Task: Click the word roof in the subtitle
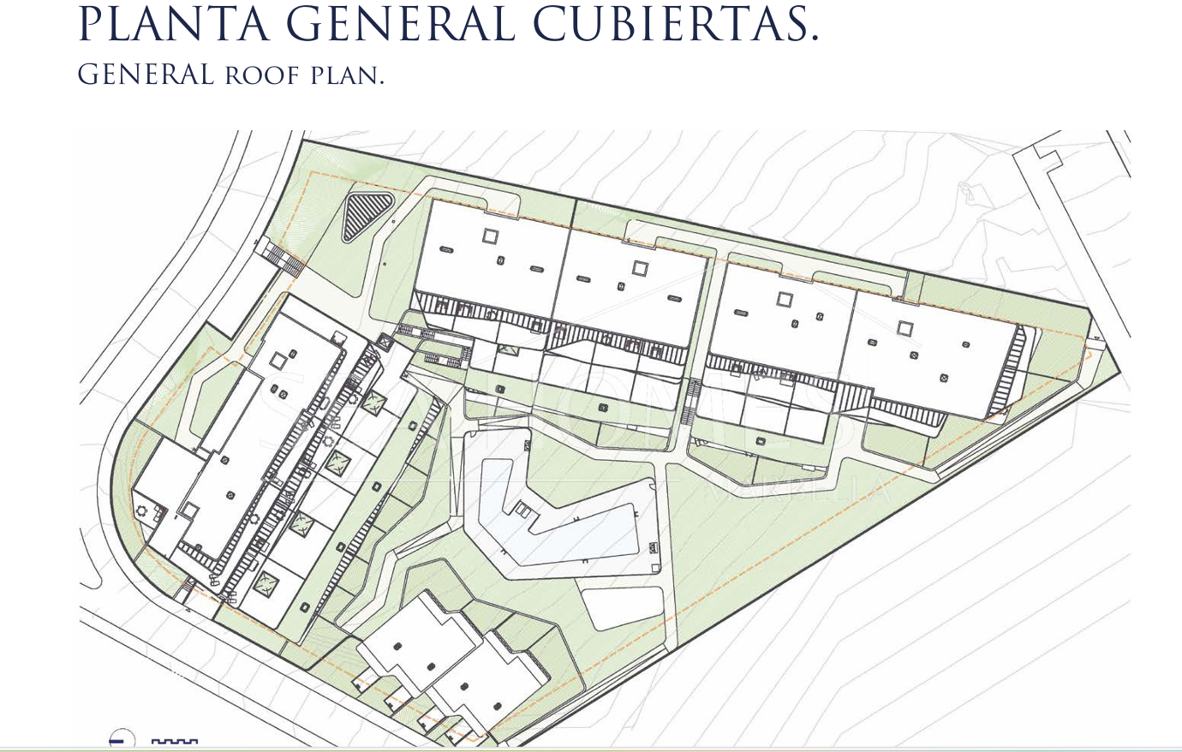click(x=262, y=75)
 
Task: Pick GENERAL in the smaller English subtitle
click(x=146, y=75)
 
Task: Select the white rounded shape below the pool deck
click(x=623, y=607)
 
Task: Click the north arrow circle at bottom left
click(x=121, y=740)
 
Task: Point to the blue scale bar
click(x=175, y=741)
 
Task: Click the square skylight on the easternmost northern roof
click(x=905, y=327)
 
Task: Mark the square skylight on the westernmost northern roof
click(x=490, y=236)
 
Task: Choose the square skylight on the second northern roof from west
click(x=640, y=268)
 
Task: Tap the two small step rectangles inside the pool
click(x=522, y=509)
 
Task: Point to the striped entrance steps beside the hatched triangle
click(x=282, y=256)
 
